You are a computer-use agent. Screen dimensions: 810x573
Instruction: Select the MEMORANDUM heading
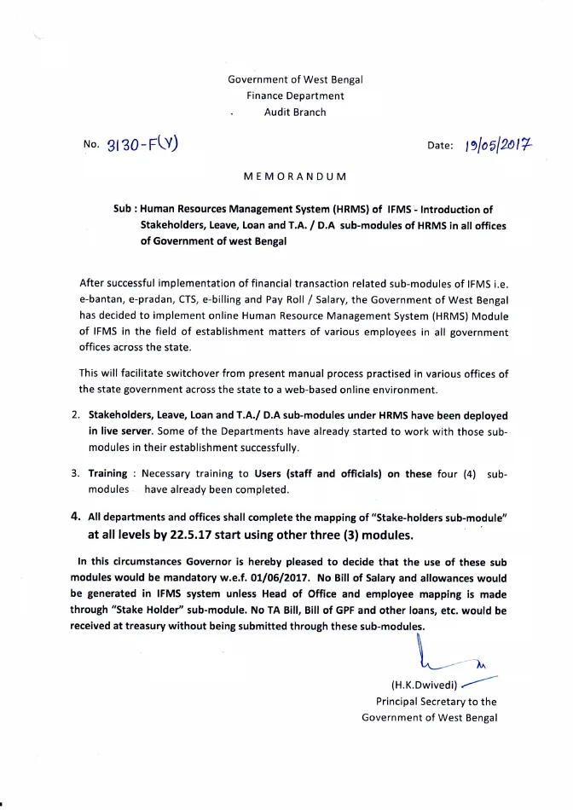295,176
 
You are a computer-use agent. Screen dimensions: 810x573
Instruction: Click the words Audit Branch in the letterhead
295,112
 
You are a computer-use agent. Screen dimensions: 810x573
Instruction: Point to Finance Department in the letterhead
295,95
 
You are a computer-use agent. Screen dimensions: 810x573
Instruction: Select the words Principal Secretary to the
436,701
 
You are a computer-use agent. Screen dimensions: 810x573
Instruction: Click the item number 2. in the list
75,415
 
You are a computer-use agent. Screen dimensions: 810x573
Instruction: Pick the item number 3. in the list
75,473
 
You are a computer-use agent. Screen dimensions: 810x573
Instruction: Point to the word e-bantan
103,300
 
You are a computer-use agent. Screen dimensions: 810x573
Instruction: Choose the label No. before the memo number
91,145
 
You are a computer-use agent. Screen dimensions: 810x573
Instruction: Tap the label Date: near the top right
439,145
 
